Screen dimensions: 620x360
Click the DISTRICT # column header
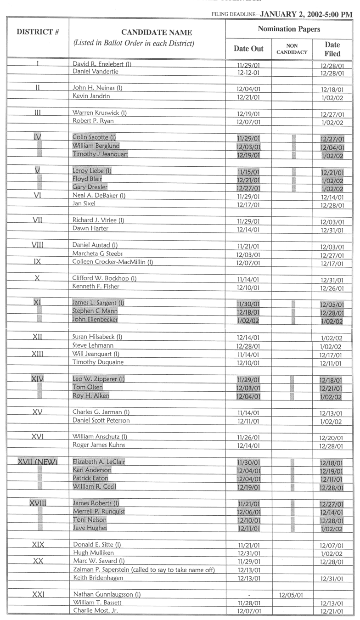(x=34, y=33)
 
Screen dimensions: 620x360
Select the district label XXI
(x=34, y=591)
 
